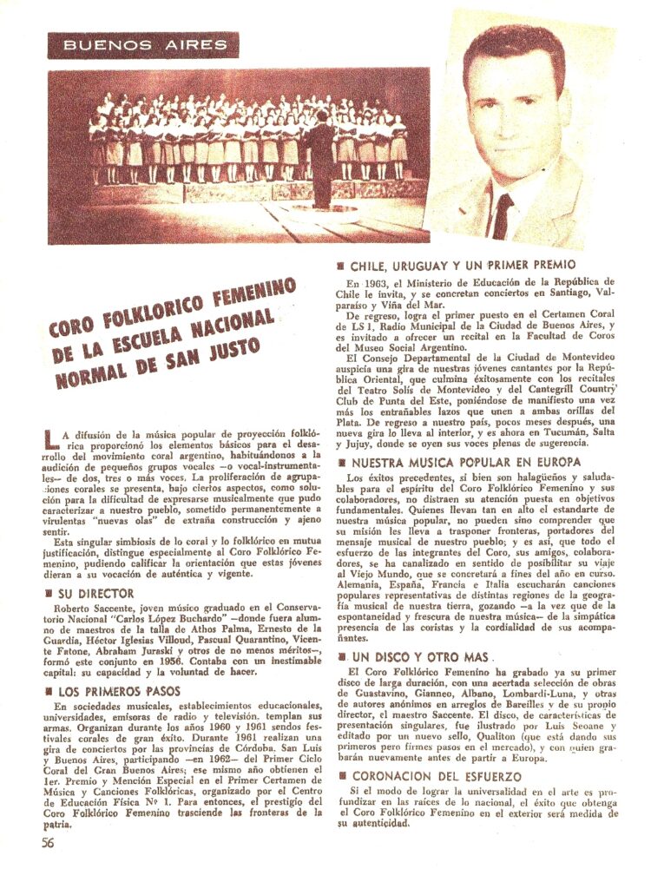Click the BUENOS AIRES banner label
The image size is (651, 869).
click(x=144, y=44)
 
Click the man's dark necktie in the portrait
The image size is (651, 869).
click(x=503, y=216)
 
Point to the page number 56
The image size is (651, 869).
click(x=49, y=841)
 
